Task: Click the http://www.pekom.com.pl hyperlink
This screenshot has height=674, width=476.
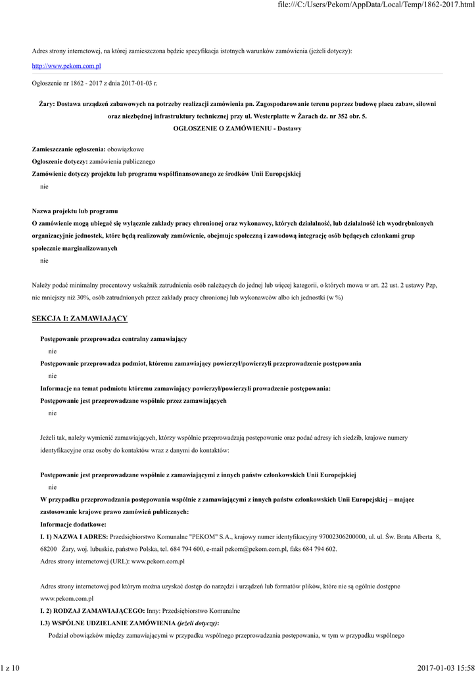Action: (66, 66)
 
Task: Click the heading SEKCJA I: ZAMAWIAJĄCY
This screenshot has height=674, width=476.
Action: (80, 319)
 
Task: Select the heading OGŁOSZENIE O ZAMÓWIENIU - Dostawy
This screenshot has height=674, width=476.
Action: (237, 128)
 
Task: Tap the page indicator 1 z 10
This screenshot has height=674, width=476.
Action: (11, 668)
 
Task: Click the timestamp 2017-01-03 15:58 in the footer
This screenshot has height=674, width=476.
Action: (445, 668)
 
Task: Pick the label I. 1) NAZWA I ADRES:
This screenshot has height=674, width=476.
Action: (74, 537)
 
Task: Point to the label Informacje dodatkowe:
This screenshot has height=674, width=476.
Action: (73, 525)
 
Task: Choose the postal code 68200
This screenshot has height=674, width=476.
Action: (49, 548)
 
